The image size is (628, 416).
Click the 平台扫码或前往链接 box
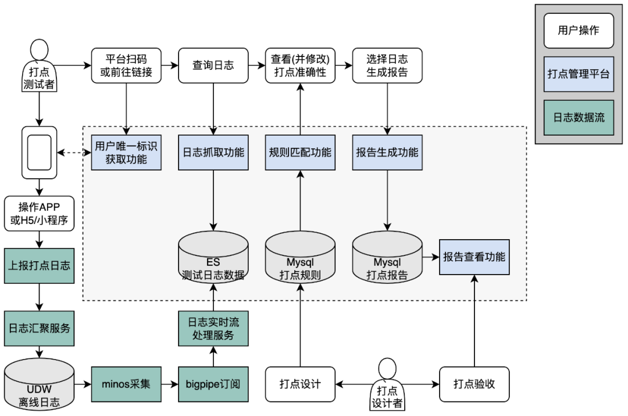126,66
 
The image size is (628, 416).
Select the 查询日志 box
213,66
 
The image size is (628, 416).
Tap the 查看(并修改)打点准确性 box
301,66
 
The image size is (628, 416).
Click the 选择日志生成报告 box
387,66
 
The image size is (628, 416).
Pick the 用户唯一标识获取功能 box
126,152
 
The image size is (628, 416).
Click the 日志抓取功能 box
213,152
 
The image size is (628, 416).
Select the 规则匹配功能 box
301,152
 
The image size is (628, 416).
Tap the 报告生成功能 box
387,152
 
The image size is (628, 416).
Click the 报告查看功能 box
474,257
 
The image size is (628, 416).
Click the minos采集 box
126,384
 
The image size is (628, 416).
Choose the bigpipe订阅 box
213,384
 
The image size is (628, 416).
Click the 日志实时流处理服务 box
213,329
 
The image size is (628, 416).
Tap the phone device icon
39,152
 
